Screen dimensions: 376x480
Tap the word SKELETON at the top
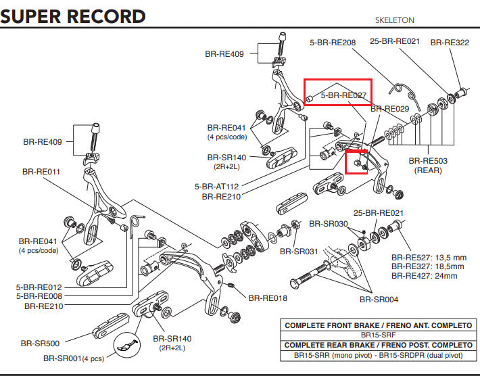pyautogui.click(x=394, y=21)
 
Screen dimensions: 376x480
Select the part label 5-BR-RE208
pyautogui.click(x=333, y=43)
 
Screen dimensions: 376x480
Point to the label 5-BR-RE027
pyautogui.click(x=343, y=96)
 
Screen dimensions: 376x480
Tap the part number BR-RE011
pyautogui.click(x=41, y=172)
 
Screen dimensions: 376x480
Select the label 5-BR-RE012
pyautogui.click(x=39, y=287)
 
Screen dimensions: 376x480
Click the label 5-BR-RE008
pyautogui.click(x=39, y=296)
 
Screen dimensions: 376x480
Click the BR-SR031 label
pyautogui.click(x=299, y=252)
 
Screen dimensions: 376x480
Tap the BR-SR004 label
pyautogui.click(x=379, y=300)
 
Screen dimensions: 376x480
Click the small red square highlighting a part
pyautogui.click(x=356, y=162)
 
